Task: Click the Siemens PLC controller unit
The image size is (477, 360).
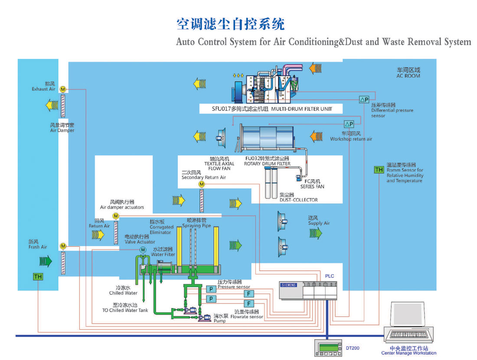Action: pos(308,290)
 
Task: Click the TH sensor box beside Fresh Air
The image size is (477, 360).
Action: pos(38,276)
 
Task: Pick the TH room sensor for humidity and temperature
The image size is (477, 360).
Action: pos(379,170)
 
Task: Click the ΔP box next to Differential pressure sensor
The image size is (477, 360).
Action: pos(363,100)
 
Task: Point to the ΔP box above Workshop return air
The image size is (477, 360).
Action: pos(349,124)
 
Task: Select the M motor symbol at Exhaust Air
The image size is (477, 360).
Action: pos(63,89)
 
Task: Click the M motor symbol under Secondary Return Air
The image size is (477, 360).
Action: pos(202,185)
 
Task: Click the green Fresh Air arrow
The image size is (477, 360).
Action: pos(46,261)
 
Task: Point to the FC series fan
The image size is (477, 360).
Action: pos(298,177)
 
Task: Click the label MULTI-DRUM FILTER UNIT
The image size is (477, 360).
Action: pos(302,109)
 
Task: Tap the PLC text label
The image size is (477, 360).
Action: pos(330,276)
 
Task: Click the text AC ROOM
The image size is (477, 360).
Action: pos(408,76)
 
